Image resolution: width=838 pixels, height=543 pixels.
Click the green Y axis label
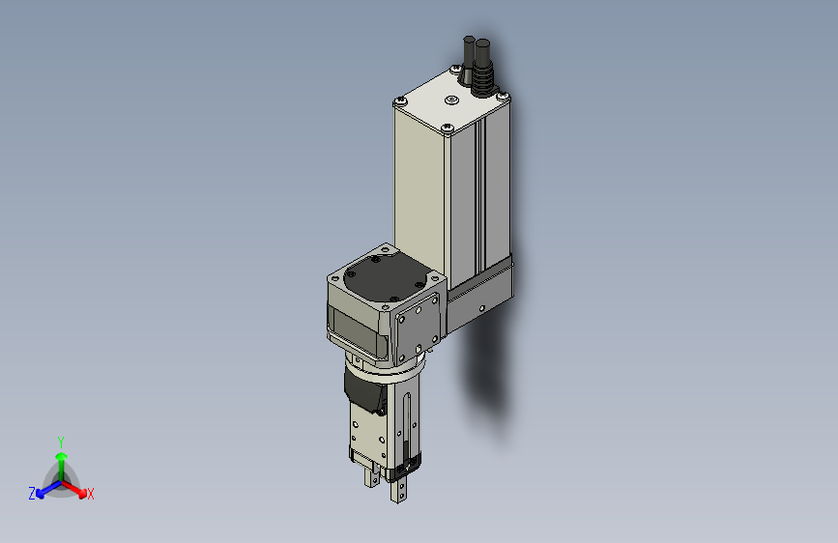tap(61, 443)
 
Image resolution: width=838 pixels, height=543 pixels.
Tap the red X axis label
tap(90, 494)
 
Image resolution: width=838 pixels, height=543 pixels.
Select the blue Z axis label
tap(32, 494)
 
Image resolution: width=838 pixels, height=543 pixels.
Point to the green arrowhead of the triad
tap(62, 456)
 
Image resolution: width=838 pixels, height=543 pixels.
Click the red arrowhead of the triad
tap(82, 493)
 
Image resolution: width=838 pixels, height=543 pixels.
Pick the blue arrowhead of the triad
tap(41, 494)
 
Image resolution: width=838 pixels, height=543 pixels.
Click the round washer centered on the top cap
tap(452, 100)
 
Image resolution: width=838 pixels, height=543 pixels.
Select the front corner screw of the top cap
tap(448, 128)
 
